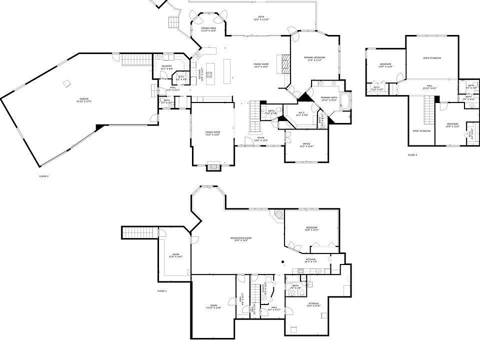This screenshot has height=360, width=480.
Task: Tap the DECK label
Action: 260,18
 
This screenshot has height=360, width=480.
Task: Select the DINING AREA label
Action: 208,29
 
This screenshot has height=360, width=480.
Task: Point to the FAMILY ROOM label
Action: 261,65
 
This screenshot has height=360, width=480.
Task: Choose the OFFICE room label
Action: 306,145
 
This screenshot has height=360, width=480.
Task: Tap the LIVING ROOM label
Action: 212,133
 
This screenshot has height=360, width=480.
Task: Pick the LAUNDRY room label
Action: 167,67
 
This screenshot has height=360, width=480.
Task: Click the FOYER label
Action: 260,139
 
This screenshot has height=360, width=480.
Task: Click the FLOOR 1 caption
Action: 161,290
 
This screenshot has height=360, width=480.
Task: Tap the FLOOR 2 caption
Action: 44,176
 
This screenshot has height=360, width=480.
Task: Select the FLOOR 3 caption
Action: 412,155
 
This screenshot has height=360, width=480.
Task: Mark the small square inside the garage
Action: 67,83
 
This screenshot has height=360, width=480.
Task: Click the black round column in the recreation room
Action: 282,261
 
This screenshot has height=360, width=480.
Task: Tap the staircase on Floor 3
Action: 428,109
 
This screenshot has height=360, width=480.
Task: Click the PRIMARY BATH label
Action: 328,98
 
